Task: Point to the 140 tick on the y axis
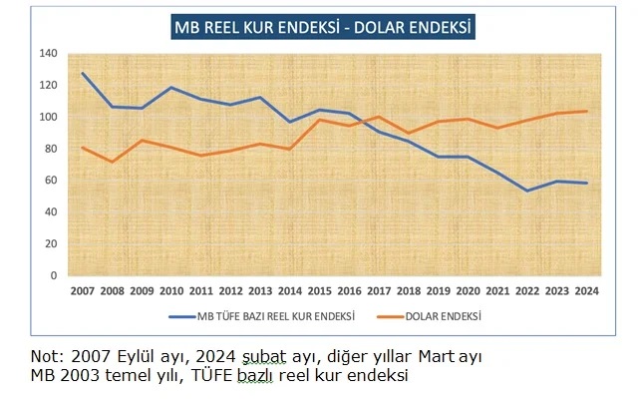[x=49, y=53]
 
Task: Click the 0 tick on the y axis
[x=54, y=275]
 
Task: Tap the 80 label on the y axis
[x=51, y=149]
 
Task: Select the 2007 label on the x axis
[x=82, y=291]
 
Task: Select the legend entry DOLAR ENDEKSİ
[x=449, y=316]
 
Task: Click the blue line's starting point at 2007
[x=82, y=73]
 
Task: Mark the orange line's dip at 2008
[x=113, y=162]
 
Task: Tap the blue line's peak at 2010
[x=172, y=88]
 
